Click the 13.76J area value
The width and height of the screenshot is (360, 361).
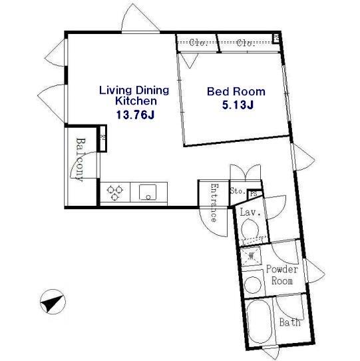pyautogui.click(x=135, y=115)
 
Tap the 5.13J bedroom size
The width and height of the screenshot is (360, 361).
pyautogui.click(x=238, y=105)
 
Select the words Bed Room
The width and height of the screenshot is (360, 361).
pyautogui.click(x=236, y=91)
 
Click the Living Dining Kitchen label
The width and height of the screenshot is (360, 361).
pyautogui.click(x=134, y=95)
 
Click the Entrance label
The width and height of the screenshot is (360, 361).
pyautogui.click(x=214, y=202)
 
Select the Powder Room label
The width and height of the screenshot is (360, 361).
pyautogui.click(x=282, y=275)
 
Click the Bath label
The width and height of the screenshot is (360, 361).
pyautogui.click(x=290, y=322)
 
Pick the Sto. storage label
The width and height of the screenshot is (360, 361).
pyautogui.click(x=238, y=191)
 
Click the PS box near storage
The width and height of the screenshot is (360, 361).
pyautogui.click(x=254, y=194)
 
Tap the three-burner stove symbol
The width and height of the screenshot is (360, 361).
pyautogui.click(x=115, y=192)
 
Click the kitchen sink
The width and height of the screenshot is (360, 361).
pyautogui.click(x=148, y=192)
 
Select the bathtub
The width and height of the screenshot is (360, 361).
pyautogui.click(x=260, y=322)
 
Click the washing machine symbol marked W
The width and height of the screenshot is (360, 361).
pyautogui.click(x=251, y=256)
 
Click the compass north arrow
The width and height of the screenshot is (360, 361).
pyautogui.click(x=53, y=302)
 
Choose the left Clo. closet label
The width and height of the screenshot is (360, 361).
pyautogui.click(x=198, y=43)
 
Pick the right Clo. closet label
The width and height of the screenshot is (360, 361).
pyautogui.click(x=246, y=43)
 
